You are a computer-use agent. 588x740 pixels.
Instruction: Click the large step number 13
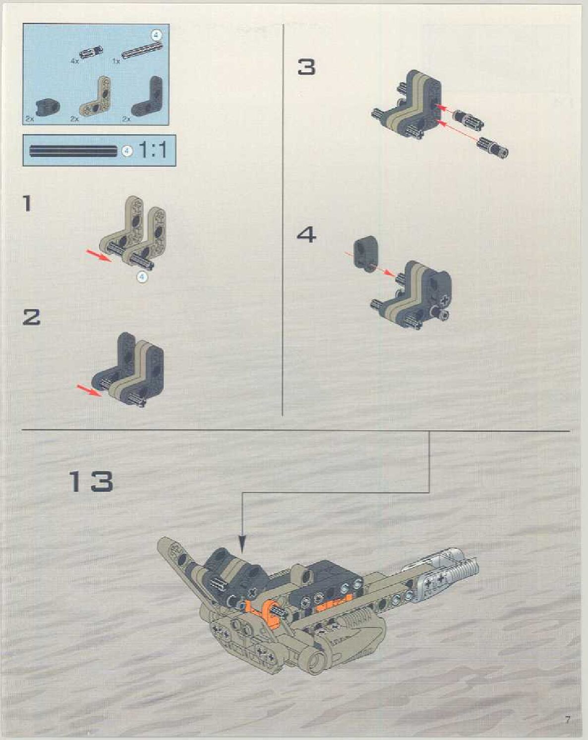tap(92, 481)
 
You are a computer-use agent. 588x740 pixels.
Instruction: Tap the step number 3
tap(306, 67)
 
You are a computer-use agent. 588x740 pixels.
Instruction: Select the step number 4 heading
tap(306, 235)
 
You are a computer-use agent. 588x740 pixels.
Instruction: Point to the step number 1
tap(27, 203)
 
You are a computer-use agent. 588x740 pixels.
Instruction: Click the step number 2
tap(31, 317)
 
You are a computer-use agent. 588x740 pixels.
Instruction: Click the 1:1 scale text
tap(152, 150)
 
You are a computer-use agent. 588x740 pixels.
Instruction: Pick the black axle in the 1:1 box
tap(75, 151)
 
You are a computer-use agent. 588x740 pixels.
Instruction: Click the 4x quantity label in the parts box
tap(74, 61)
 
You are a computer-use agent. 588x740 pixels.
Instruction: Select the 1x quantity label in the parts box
tap(117, 61)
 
